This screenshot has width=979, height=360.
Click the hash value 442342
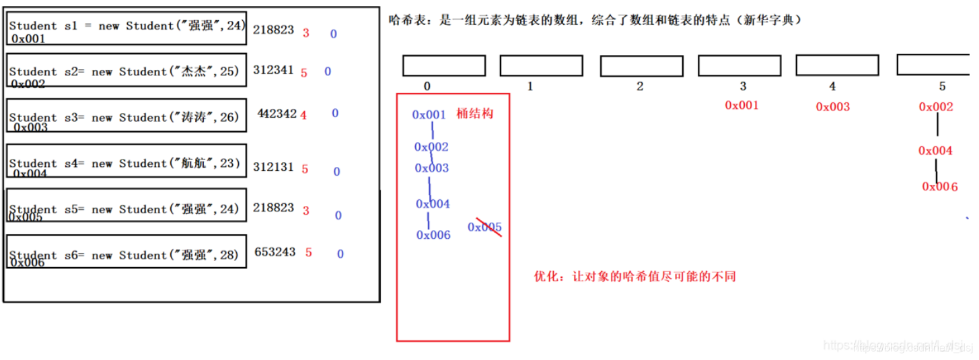coord(277,114)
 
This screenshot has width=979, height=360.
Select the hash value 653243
coord(275,252)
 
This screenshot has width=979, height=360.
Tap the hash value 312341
coord(273,70)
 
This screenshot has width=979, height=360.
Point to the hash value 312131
coord(273,167)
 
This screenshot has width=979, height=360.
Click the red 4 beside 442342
coord(303,115)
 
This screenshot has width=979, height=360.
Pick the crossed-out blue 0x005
coord(485,227)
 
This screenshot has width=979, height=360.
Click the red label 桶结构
coord(474,113)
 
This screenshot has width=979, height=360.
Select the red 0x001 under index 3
coord(741,105)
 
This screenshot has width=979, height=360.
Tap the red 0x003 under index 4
coord(832,106)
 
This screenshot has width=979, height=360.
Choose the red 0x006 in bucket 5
coord(940,186)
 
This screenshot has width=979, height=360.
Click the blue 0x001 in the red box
coord(429,115)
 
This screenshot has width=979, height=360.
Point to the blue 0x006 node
coord(433,235)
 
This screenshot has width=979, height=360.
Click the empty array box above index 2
coord(641,66)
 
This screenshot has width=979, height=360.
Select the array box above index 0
coord(444,65)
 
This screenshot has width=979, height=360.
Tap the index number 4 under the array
coord(832,86)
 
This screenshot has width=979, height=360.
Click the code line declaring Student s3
coord(124,117)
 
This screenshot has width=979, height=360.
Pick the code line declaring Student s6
coord(124,255)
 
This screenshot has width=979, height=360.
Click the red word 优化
coord(546,277)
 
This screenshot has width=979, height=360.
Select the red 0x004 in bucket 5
coord(935,151)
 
